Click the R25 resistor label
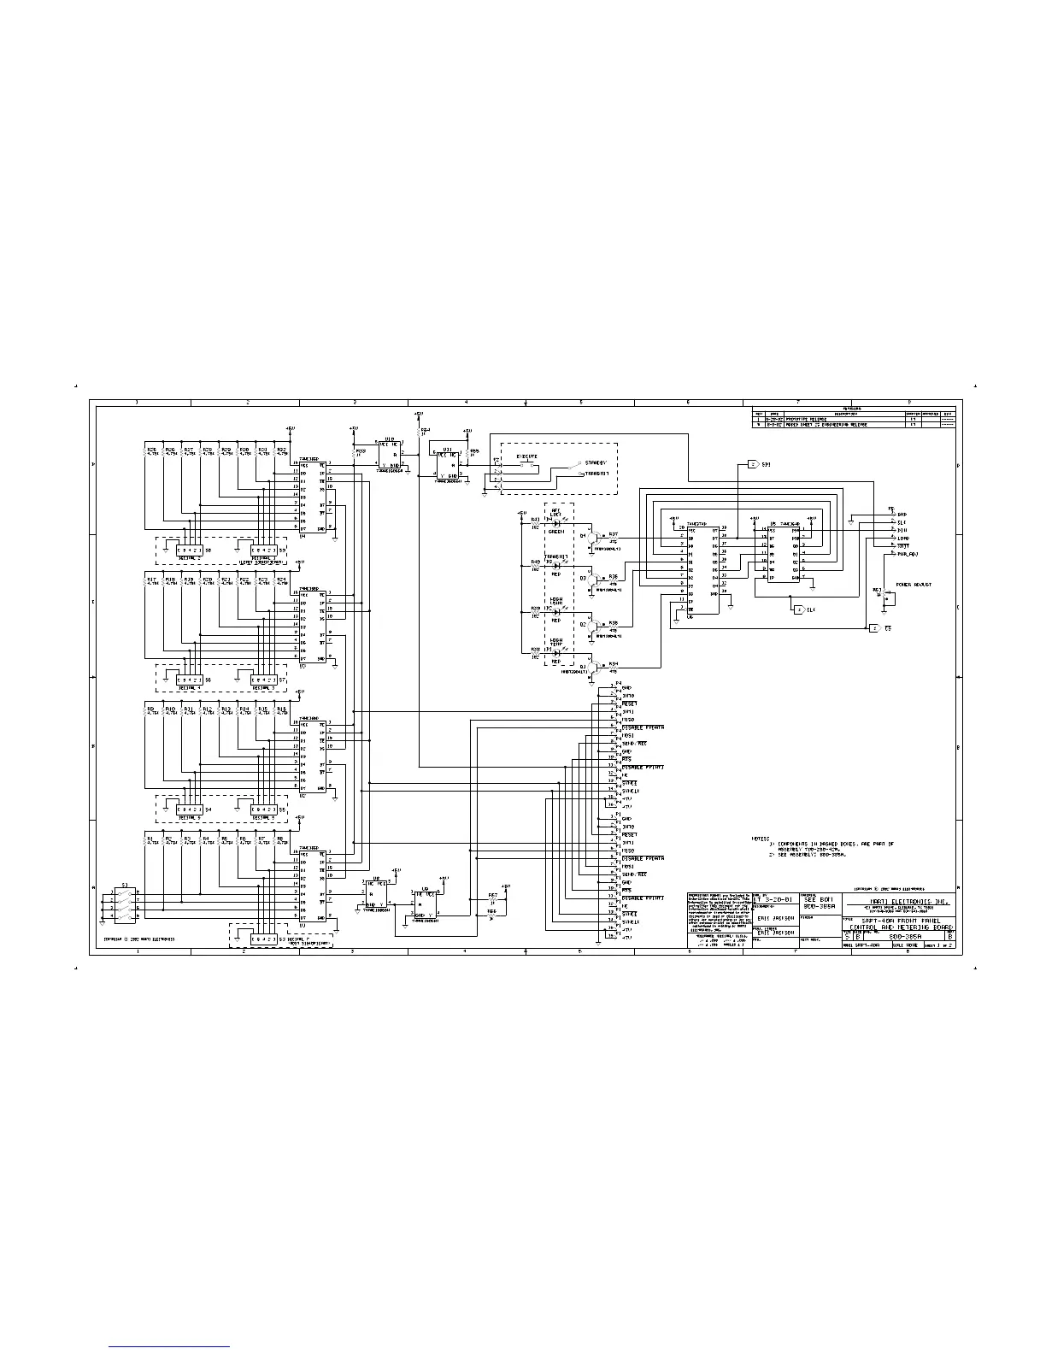[x=151, y=449]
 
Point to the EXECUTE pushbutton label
[x=527, y=457]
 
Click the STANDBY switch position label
[x=596, y=462]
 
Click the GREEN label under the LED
[x=555, y=532]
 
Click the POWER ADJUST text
[x=913, y=585]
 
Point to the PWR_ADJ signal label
[x=907, y=554]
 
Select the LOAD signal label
[x=902, y=538]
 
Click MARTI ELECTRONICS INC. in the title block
[x=897, y=900]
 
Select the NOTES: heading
[x=761, y=839]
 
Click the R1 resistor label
[x=150, y=839]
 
